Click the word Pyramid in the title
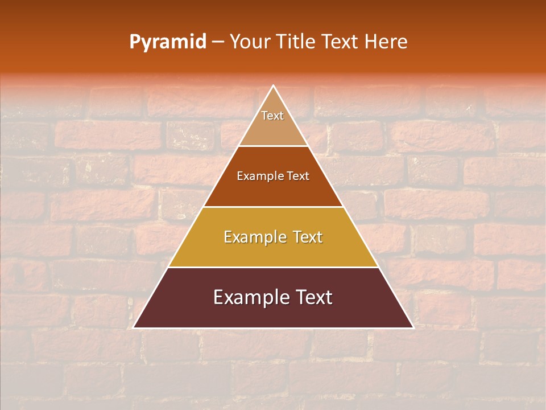(168, 42)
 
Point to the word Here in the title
(386, 42)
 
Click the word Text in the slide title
(340, 42)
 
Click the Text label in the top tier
(272, 116)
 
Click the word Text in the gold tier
(308, 237)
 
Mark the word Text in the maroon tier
(314, 297)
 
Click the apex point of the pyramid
(274, 86)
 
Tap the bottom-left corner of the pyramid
(134, 327)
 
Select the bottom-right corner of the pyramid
(413, 327)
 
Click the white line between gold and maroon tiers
(273, 267)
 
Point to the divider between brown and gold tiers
(273, 207)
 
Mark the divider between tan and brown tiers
(273, 146)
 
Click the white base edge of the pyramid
(273, 328)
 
